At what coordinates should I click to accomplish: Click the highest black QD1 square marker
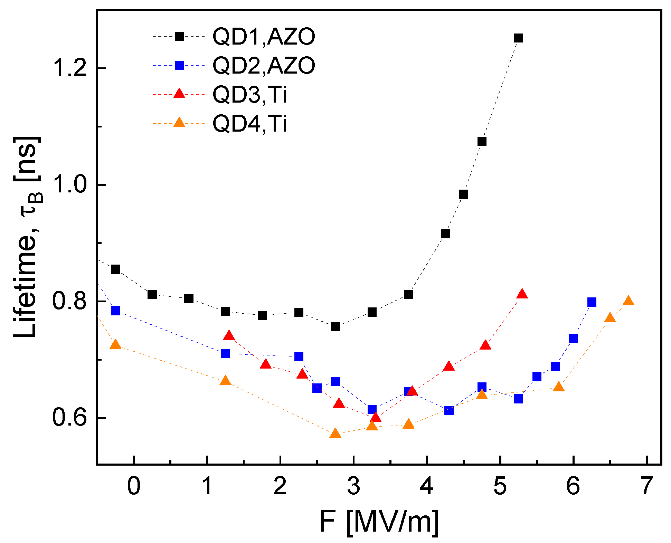[x=518, y=38]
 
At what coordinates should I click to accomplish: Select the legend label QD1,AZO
[x=263, y=37]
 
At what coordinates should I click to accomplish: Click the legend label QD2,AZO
[x=263, y=66]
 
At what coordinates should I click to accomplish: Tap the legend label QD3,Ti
[x=249, y=94]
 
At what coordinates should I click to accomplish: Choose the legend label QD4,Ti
[x=249, y=123]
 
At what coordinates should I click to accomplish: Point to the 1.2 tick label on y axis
[x=68, y=68]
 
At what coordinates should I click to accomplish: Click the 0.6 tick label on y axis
[x=68, y=418]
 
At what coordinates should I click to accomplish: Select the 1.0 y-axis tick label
[x=68, y=185]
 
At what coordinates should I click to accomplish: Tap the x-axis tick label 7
[x=646, y=486]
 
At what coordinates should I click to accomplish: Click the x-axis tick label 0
[x=134, y=486]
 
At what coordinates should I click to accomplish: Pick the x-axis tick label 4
[x=427, y=486]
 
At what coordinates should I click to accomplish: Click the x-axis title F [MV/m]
[x=379, y=522]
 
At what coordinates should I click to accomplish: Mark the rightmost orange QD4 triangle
[x=629, y=301]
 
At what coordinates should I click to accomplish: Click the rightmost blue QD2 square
[x=592, y=302]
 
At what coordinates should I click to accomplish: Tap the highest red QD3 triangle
[x=522, y=294]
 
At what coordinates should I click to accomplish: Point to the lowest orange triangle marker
[x=335, y=434]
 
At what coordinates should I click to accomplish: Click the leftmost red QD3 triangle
[x=229, y=336]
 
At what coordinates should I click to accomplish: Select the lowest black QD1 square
[x=335, y=326]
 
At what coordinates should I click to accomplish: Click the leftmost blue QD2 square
[x=115, y=311]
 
